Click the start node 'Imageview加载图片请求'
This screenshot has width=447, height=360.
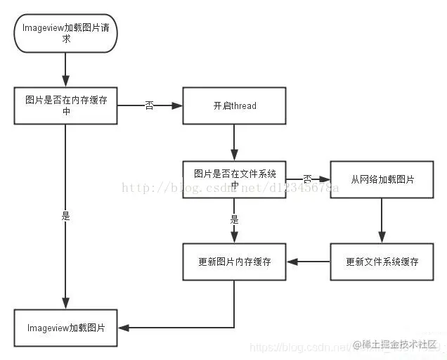[x=65, y=33]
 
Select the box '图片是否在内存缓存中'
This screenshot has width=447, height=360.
[x=65, y=105]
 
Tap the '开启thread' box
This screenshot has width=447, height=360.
[x=234, y=105]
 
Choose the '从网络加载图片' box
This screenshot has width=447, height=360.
[x=382, y=179]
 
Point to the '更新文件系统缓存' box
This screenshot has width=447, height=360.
[x=382, y=262]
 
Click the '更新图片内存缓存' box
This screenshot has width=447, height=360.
[x=234, y=262]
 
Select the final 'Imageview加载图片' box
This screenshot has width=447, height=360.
[x=65, y=328]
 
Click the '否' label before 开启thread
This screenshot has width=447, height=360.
[x=149, y=105]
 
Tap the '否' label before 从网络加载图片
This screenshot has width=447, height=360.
[x=307, y=179]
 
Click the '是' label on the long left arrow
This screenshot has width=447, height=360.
[x=65, y=217]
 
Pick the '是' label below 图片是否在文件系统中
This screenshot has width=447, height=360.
[x=234, y=219]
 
